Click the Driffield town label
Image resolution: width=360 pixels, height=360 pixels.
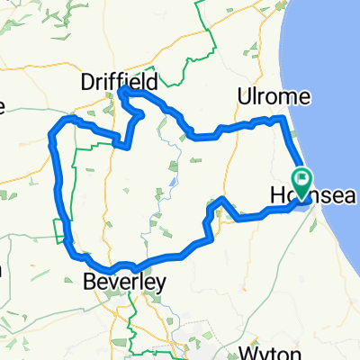119,81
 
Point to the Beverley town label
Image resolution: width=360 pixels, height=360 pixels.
123,283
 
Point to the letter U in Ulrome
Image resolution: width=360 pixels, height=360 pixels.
238,96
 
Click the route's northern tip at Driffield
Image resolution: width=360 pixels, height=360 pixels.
123,91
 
